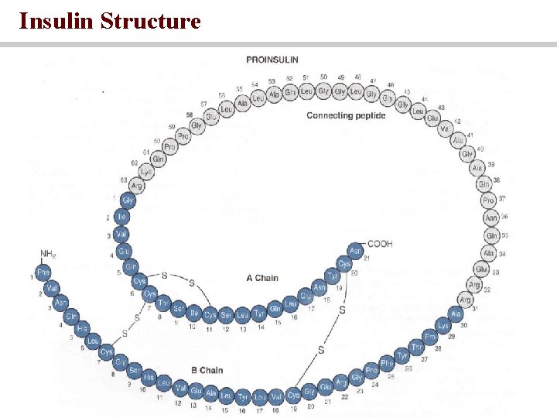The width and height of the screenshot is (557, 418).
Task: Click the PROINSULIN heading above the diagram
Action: (272, 60)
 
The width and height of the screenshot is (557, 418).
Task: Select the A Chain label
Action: (262, 278)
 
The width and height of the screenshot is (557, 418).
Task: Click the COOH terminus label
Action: (380, 244)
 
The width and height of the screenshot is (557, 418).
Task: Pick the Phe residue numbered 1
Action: (43, 272)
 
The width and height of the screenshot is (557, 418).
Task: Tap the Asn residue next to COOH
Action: (355, 252)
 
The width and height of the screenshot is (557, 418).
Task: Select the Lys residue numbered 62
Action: (146, 172)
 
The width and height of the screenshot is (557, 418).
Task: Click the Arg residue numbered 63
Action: (137, 186)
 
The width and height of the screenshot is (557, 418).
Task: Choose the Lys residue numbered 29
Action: (443, 326)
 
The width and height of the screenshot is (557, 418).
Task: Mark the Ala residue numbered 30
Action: (456, 313)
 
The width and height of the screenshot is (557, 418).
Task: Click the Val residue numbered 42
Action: (445, 129)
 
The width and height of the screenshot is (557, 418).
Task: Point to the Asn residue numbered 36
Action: (490, 218)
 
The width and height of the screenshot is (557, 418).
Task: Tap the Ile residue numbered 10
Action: (193, 313)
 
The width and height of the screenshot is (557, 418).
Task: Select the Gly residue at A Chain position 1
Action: (128, 200)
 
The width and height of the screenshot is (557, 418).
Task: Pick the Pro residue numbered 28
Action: (430, 337)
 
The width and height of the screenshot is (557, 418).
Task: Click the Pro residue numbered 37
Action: (488, 200)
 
